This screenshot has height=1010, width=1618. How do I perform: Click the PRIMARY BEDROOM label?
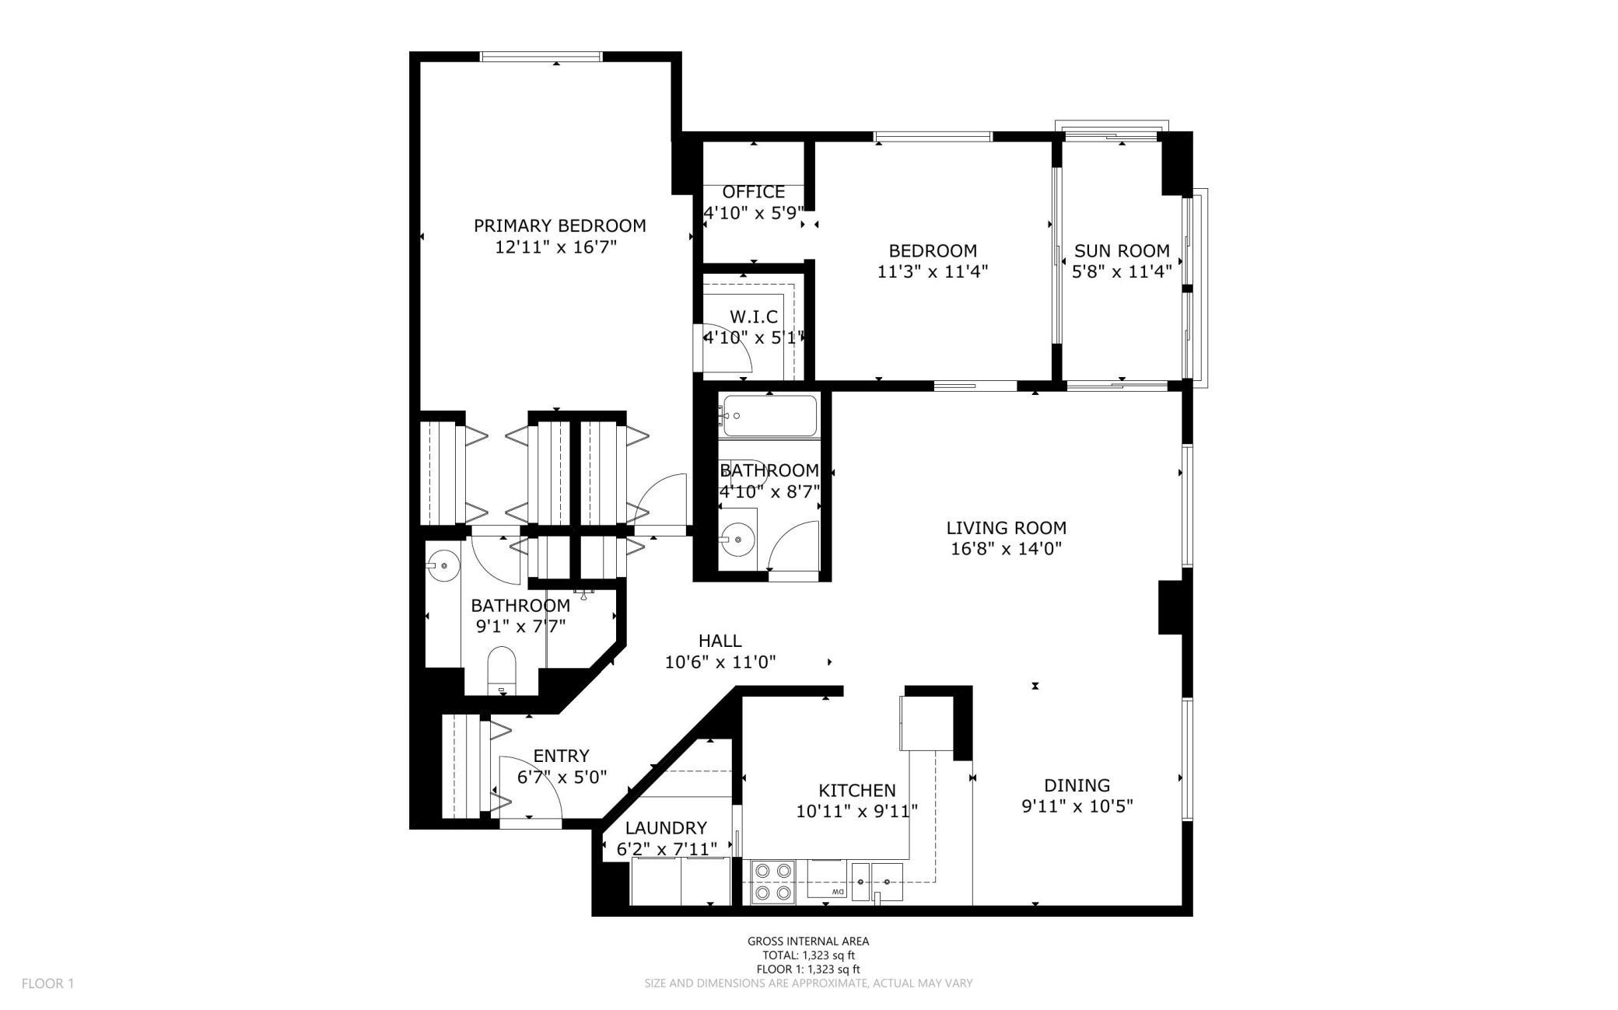pos(559,225)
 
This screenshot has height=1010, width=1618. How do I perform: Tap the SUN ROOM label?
pos(1122,251)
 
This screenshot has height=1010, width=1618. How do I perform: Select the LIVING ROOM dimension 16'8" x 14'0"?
pos(1006,549)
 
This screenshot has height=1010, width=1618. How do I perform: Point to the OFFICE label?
pos(753,192)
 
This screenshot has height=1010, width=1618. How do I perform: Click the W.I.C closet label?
pos(753,317)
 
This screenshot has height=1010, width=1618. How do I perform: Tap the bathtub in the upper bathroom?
pos(769,416)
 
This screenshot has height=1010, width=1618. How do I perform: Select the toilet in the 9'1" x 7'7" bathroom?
pos(502,669)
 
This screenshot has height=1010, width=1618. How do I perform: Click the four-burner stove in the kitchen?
pos(774,882)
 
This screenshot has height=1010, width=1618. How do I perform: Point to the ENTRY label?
pos(561,756)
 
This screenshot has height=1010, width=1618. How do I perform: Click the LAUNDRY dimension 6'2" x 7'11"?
pos(667,850)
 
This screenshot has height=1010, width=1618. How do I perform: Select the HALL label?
pos(720,641)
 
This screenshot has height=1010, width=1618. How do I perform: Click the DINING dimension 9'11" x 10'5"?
pos(1077,806)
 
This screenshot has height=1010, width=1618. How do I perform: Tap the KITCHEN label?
pos(857,791)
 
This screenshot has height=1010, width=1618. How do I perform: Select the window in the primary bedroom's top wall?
pos(541,56)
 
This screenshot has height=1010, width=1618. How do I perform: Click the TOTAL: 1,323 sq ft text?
pos(809,956)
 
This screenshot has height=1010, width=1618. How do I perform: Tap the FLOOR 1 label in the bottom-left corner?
pos(47,984)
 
